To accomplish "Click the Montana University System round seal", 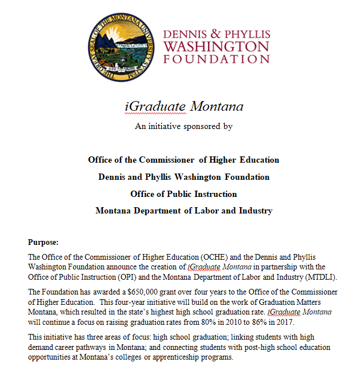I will [x=121, y=47].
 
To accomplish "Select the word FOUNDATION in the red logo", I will [x=216, y=59].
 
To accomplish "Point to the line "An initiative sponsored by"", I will [x=183, y=126].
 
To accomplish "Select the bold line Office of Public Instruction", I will [x=183, y=194].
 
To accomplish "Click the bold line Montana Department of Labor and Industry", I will [x=183, y=211].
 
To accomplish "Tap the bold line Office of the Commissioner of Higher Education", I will [x=183, y=160].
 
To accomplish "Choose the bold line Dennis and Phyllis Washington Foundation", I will [x=183, y=177].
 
